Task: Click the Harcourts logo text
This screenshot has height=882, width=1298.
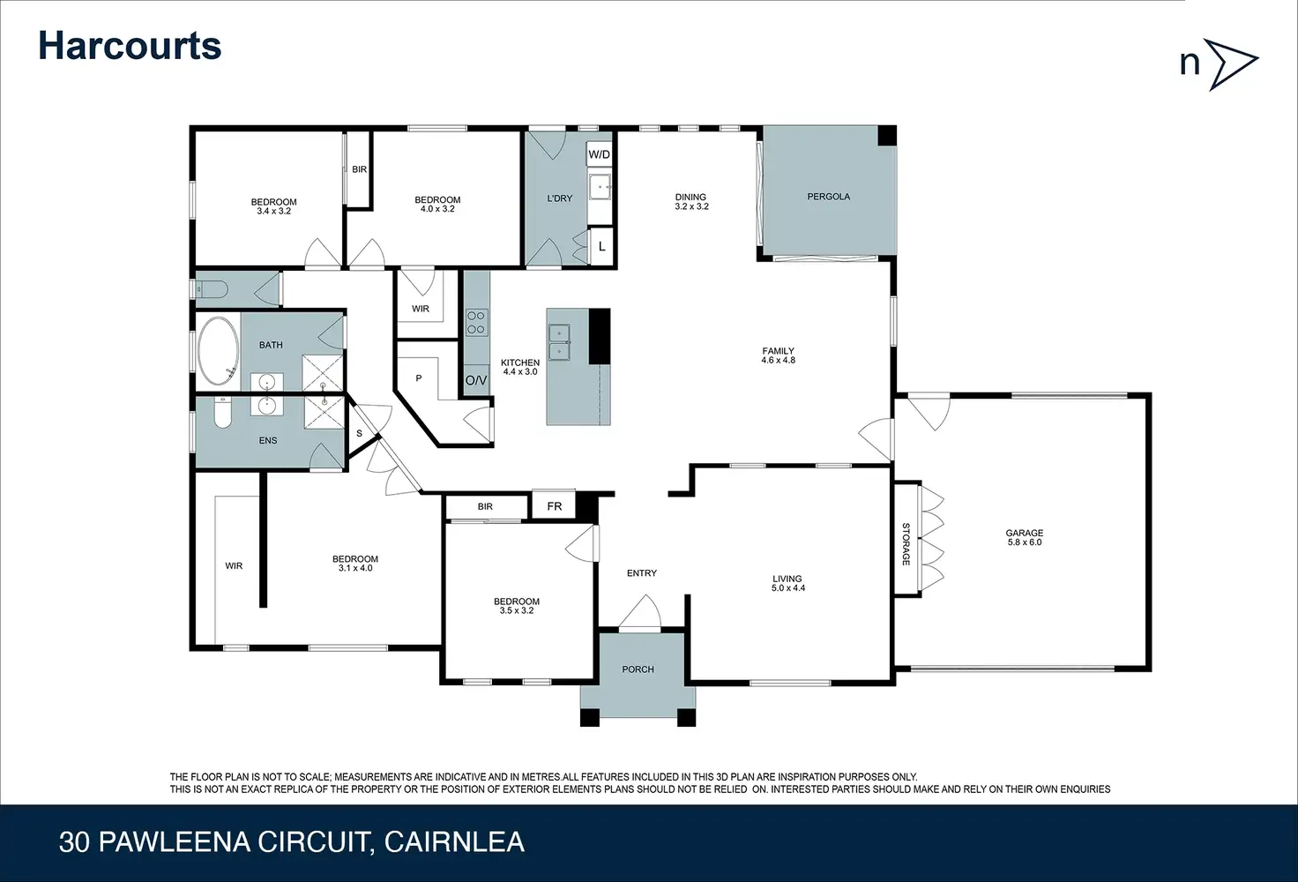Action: pyautogui.click(x=130, y=46)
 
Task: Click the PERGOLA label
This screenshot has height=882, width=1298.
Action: pyautogui.click(x=829, y=197)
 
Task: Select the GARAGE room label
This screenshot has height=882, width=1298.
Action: pyautogui.click(x=1025, y=533)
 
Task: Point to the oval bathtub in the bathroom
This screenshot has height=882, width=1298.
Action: pyautogui.click(x=218, y=351)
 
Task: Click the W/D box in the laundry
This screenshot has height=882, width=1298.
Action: pyautogui.click(x=599, y=154)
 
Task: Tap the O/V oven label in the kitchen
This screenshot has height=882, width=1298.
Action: pyautogui.click(x=476, y=381)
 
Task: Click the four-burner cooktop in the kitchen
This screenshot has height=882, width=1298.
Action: pyautogui.click(x=476, y=323)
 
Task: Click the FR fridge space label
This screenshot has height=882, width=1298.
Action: pyautogui.click(x=555, y=506)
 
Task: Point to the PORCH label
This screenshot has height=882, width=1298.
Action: pyautogui.click(x=638, y=669)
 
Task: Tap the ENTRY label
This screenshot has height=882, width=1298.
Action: pyautogui.click(x=642, y=573)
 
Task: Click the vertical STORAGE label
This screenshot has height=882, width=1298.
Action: pyautogui.click(x=906, y=544)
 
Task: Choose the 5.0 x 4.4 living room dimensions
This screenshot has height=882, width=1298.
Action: pyautogui.click(x=788, y=588)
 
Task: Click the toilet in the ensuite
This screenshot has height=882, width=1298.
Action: pyautogui.click(x=222, y=412)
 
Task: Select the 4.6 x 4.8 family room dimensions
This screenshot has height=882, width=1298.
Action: pyautogui.click(x=779, y=360)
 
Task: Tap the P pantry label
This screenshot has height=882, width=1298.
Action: pyautogui.click(x=418, y=378)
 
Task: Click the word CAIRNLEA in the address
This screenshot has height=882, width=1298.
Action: pyautogui.click(x=454, y=842)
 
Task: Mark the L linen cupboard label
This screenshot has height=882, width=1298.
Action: pyautogui.click(x=602, y=246)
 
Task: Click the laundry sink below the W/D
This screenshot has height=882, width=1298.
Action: pyautogui.click(x=600, y=187)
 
